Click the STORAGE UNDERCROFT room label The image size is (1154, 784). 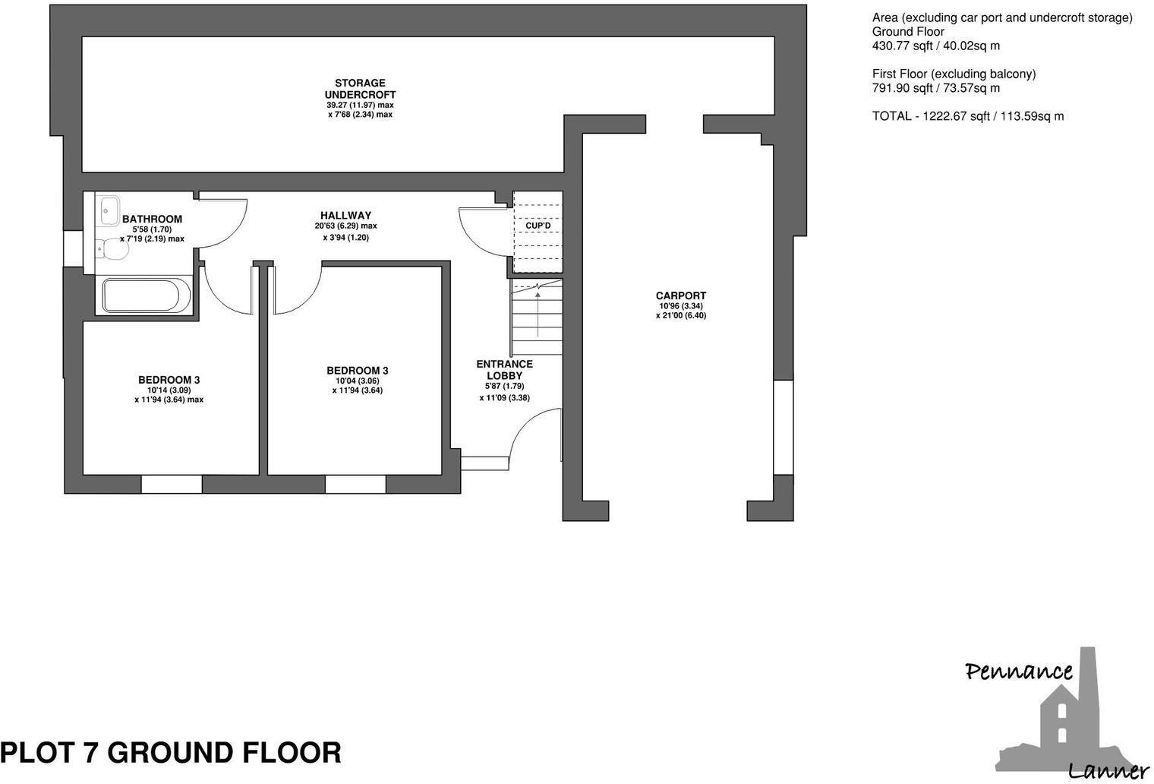[x=361, y=89]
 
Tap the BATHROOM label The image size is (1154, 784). [x=152, y=220]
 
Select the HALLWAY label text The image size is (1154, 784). [x=345, y=216]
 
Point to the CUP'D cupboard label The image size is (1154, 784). [x=538, y=226]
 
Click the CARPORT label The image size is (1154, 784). [x=681, y=296]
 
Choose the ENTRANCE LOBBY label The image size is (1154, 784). [x=504, y=370]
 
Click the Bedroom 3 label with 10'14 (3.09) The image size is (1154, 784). [x=169, y=380]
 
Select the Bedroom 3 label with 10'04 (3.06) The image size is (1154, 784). [x=357, y=371]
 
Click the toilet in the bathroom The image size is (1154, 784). [x=112, y=249]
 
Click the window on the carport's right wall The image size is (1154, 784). [x=783, y=427]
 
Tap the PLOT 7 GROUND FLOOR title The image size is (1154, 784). [x=171, y=753]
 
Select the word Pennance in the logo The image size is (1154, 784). [x=1018, y=671]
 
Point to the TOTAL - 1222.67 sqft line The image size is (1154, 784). [x=968, y=116]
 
